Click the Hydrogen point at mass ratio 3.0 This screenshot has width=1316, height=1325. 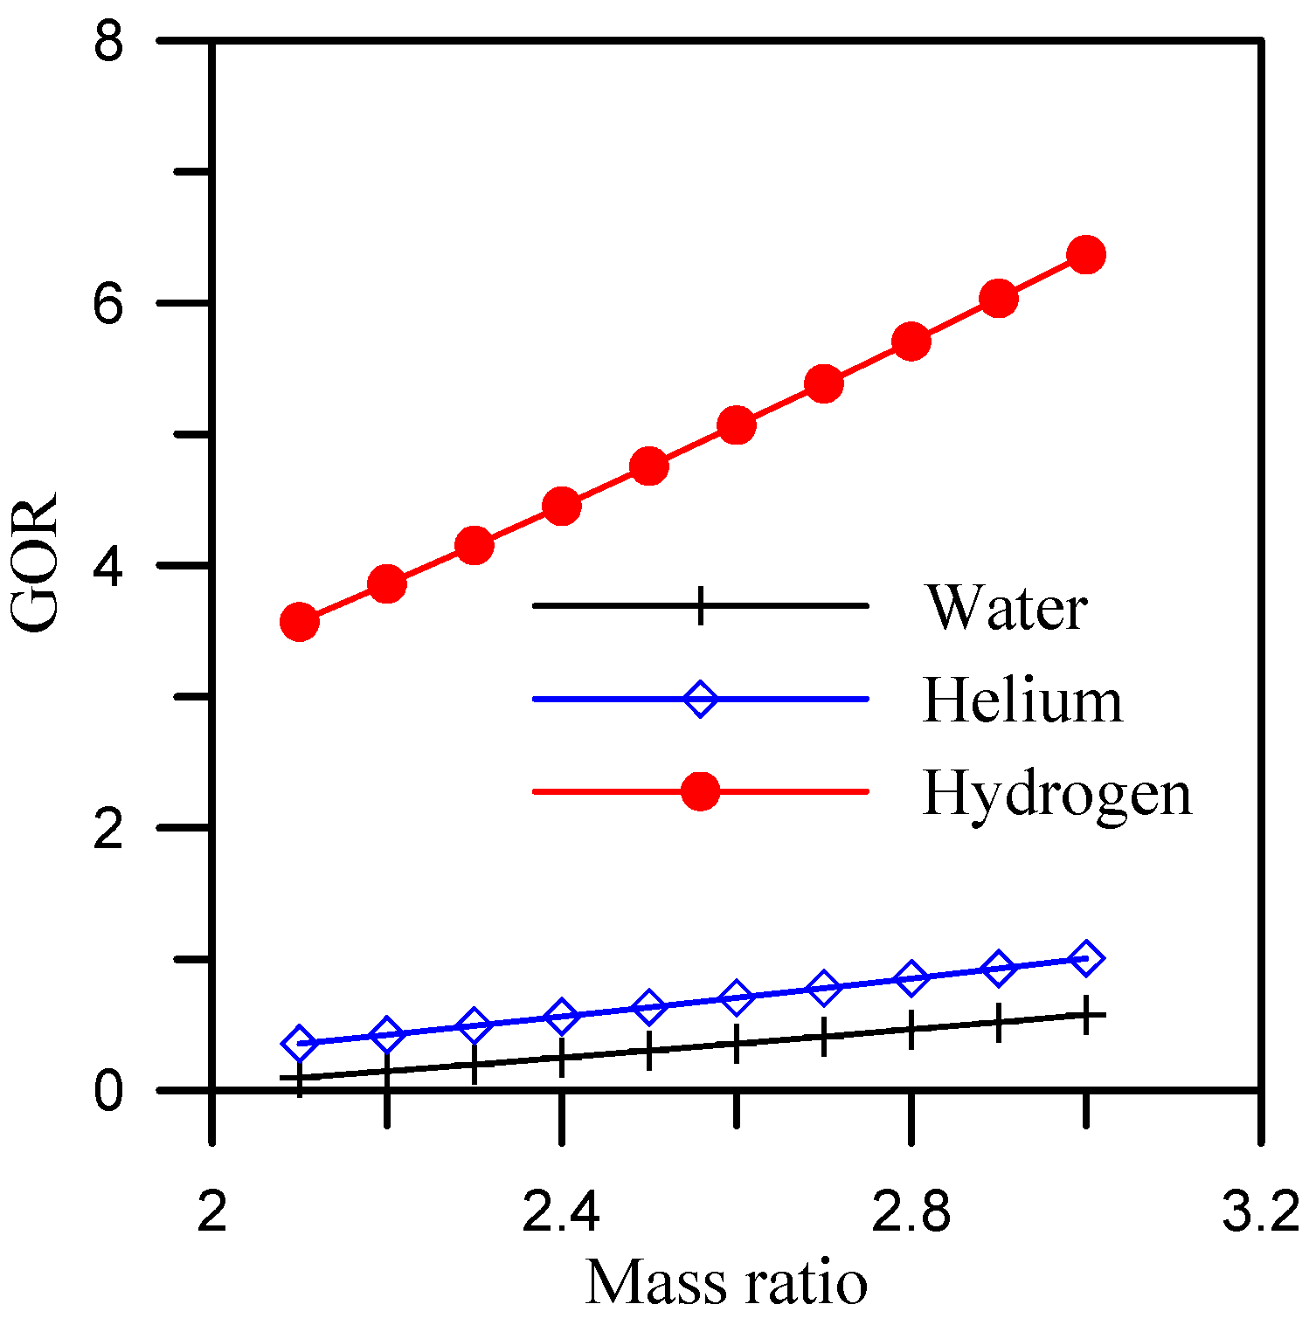point(1086,254)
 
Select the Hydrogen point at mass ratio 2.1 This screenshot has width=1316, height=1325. point(299,622)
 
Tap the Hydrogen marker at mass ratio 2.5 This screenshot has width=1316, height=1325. point(648,466)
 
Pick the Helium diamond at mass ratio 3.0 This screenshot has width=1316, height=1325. point(1086,958)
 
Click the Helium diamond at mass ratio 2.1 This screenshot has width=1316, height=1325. point(299,1043)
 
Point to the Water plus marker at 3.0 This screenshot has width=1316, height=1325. point(1086,1015)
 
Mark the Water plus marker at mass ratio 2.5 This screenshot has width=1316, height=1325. point(648,1050)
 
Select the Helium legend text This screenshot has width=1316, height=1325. point(1022,700)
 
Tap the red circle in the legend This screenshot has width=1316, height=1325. point(700,791)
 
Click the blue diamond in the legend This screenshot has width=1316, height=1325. point(700,699)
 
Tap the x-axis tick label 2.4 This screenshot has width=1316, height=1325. point(560,1213)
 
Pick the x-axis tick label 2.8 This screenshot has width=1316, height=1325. point(911,1213)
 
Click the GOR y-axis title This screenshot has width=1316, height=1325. point(35,563)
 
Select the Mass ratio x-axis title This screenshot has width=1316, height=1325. point(726,1283)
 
